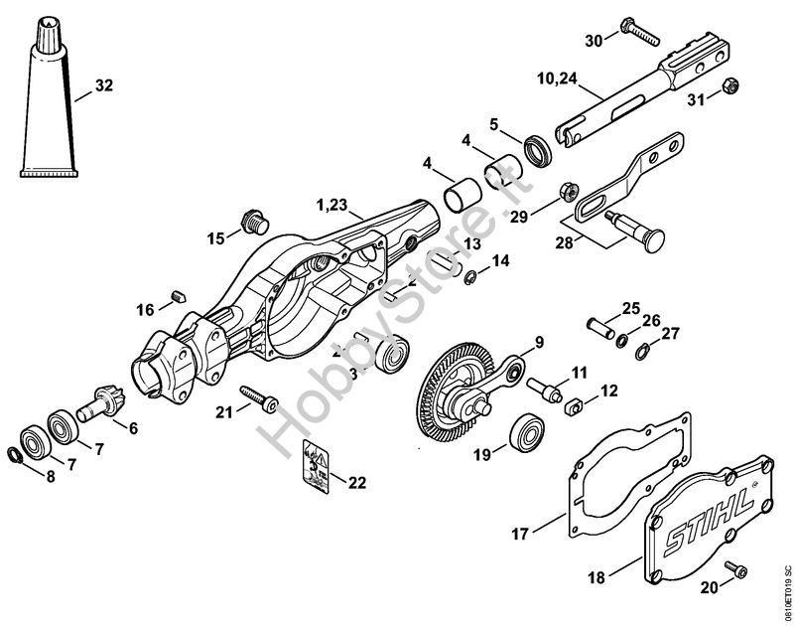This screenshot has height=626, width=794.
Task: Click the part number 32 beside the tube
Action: pos(105,86)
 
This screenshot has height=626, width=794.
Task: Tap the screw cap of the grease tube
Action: pos(48,31)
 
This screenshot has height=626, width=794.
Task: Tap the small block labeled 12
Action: pos(572,406)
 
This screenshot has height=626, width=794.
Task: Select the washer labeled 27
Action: pos(644,349)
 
